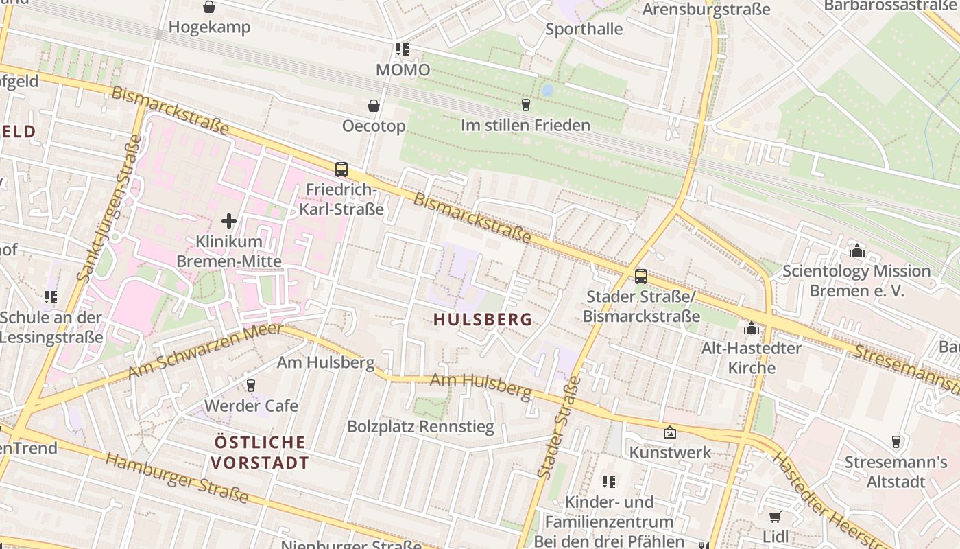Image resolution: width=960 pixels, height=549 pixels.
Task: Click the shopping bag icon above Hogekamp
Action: pyautogui.click(x=209, y=7)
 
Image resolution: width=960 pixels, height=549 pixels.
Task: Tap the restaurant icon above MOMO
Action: pyautogui.click(x=402, y=49)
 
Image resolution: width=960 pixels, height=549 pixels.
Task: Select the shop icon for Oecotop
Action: pyautogui.click(x=374, y=106)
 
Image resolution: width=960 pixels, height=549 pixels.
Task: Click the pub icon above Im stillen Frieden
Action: pyautogui.click(x=525, y=104)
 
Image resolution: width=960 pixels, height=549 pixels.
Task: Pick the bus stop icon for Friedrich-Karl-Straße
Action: pyautogui.click(x=341, y=169)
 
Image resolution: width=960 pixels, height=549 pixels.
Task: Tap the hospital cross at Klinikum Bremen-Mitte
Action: pyautogui.click(x=229, y=221)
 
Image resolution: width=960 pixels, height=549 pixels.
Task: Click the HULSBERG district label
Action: pyautogui.click(x=483, y=319)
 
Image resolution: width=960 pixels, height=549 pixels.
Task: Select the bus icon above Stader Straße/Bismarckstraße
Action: pyautogui.click(x=640, y=276)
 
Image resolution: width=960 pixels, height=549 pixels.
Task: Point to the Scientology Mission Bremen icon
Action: pyautogui.click(x=856, y=250)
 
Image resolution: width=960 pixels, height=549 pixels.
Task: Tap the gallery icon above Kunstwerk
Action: pyautogui.click(x=670, y=432)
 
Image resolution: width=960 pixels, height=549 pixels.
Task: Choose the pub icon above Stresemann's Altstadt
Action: pyautogui.click(x=896, y=441)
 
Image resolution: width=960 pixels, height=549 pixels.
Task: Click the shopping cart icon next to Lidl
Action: pyautogui.click(x=775, y=517)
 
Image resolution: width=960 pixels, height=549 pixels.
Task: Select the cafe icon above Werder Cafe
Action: pyautogui.click(x=251, y=385)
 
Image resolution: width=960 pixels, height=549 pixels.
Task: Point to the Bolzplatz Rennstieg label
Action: pyautogui.click(x=420, y=427)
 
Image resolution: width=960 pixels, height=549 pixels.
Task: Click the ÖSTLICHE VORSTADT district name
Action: pyautogui.click(x=260, y=452)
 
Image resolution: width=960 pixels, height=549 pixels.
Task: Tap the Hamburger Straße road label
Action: pyautogui.click(x=176, y=478)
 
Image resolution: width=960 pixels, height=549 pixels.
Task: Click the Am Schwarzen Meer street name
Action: pyautogui.click(x=205, y=351)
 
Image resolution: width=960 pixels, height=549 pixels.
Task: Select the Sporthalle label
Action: pyautogui.click(x=584, y=29)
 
